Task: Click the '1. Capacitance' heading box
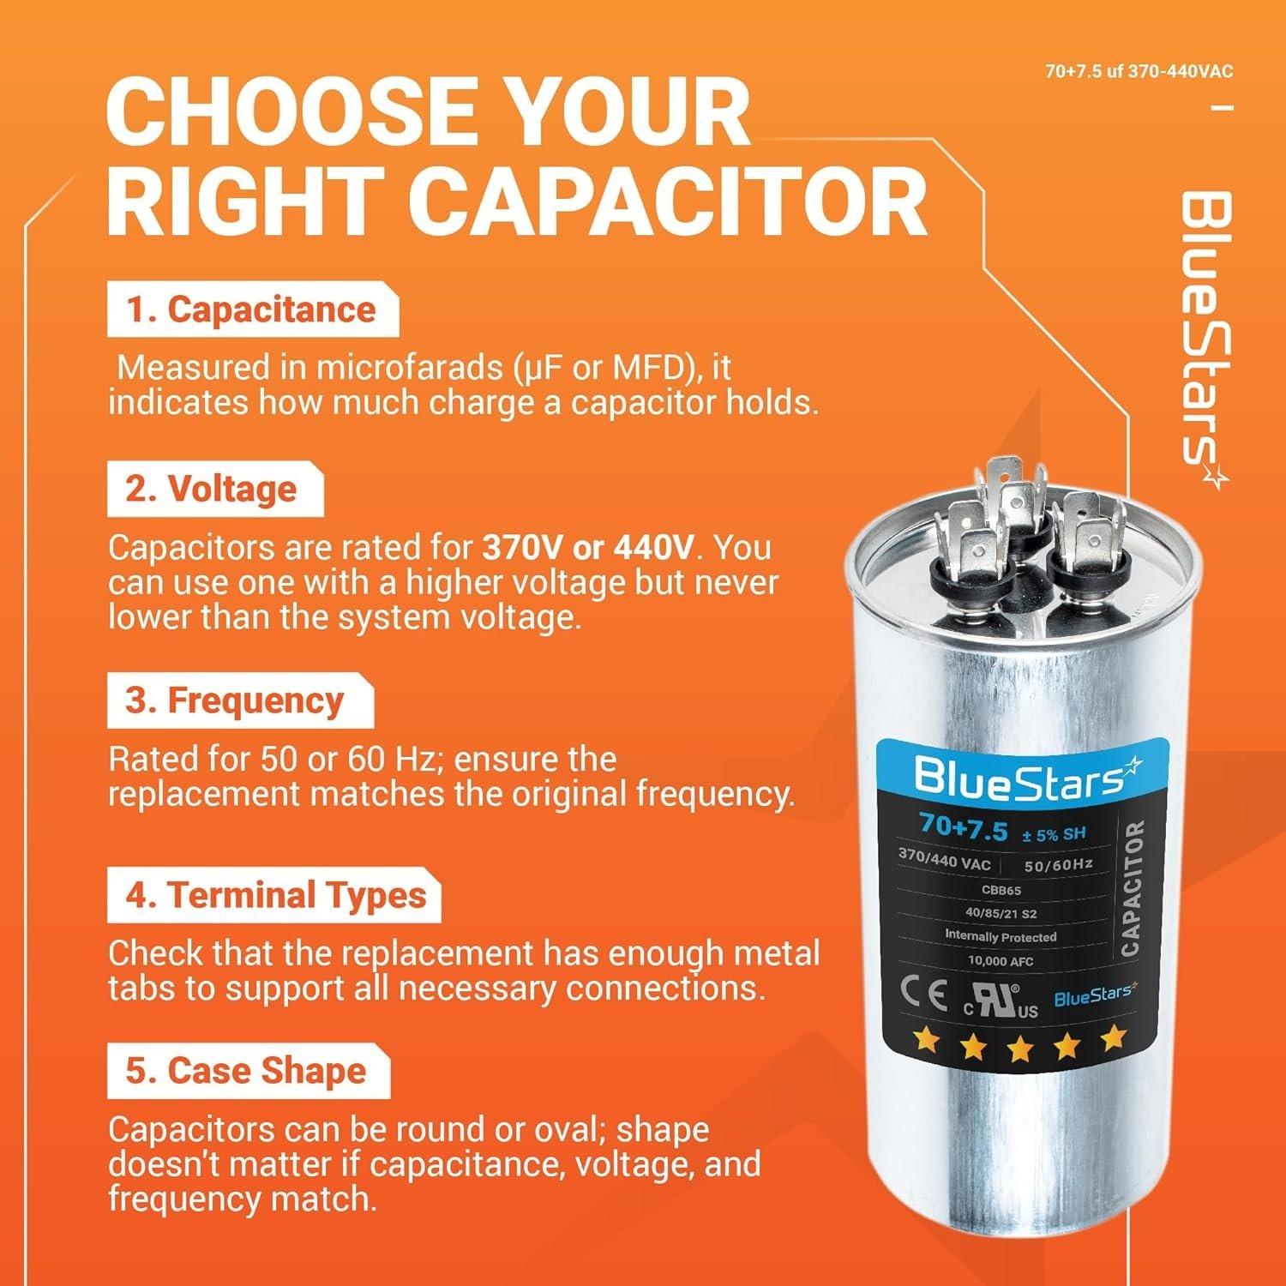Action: coord(252,310)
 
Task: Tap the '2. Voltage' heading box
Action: coord(214,490)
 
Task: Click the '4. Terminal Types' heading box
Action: coord(274,896)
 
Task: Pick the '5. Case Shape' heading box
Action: coord(247,1071)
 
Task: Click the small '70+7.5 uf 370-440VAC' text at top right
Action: coord(1139,72)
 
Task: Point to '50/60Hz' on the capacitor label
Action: coord(1058,865)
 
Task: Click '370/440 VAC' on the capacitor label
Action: coord(944,859)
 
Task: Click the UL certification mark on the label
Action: coord(1000,1003)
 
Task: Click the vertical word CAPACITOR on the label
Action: coord(1130,888)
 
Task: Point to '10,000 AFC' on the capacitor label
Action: coord(1001,961)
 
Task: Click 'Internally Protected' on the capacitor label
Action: coord(1001,936)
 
